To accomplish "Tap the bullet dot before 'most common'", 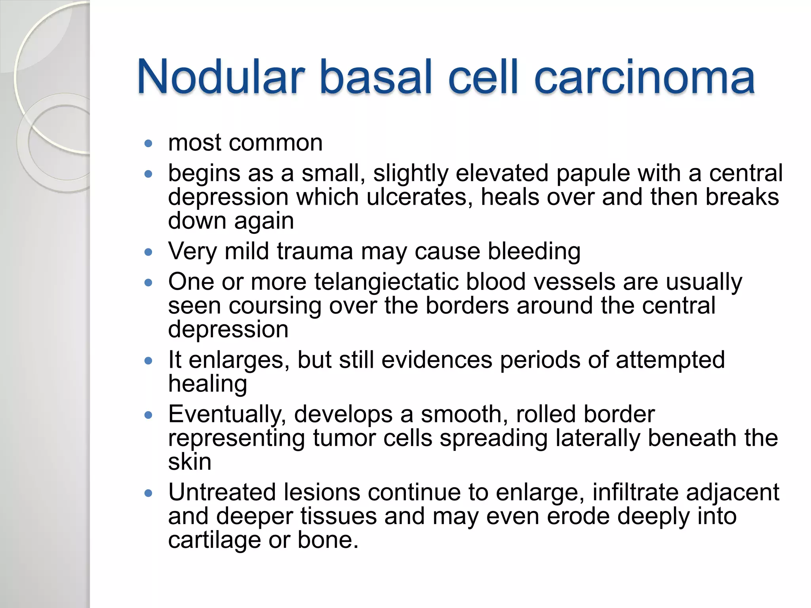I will [148, 143].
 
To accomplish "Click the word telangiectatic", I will [386, 283].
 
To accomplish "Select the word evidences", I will [437, 361].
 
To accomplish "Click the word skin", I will [190, 462].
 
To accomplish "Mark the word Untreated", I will [222, 492].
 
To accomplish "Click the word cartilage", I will [214, 541].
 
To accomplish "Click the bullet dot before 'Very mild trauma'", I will [148, 252].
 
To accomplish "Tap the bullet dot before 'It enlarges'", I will [148, 361].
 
